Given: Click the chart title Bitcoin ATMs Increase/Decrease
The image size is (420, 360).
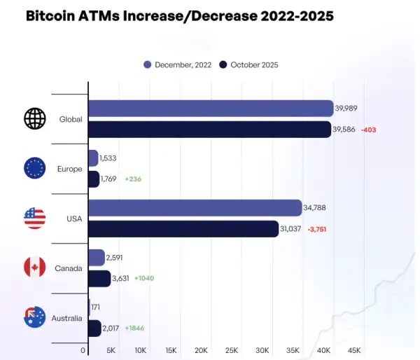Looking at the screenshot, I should coord(179,15).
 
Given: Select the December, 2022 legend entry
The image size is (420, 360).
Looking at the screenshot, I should coord(178,65).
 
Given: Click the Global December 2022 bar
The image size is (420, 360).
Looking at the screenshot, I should coord(211,109).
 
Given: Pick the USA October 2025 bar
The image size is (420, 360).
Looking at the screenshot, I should coord(184,229).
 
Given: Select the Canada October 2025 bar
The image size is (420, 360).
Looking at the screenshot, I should coord(99,279).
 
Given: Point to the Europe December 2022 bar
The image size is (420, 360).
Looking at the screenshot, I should coord(93,158).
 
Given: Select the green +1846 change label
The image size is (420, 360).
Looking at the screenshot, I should coord(139,328).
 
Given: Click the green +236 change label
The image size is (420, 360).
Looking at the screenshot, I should coord(133,179).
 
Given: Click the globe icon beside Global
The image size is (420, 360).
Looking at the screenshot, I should coord(34,119).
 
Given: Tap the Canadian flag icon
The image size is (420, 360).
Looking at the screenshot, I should coord(34,268).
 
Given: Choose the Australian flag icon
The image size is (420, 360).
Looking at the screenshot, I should coord(34,317).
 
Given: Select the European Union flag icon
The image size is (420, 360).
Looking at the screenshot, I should coord(34,168).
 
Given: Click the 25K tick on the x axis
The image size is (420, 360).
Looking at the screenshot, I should coord(232,350).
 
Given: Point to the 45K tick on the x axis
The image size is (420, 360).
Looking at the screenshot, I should coord(354,350).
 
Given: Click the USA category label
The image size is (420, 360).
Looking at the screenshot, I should coord(74,219).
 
